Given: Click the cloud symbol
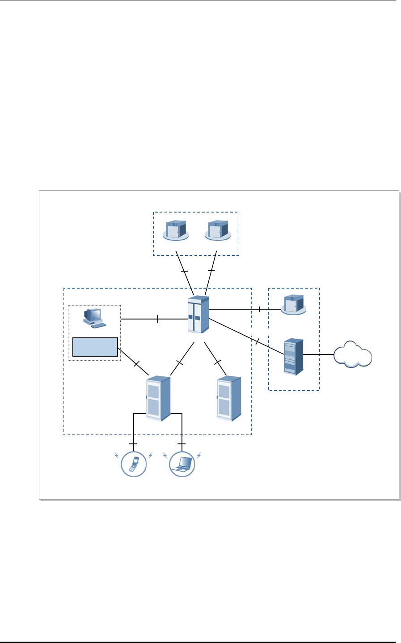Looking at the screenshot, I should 353,354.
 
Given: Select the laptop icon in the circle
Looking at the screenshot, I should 182,464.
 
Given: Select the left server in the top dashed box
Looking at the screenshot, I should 176,230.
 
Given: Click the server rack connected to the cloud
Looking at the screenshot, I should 293,356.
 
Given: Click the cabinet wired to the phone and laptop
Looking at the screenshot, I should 158,398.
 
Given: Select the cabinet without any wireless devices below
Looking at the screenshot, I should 228,398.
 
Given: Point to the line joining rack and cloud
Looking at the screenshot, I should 319,354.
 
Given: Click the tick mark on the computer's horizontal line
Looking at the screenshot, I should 158,319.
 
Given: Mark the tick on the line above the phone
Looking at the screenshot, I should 134,444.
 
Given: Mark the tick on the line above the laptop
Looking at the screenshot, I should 182,444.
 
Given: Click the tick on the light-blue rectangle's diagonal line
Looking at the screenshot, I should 137,363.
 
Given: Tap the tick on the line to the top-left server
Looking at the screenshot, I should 184,272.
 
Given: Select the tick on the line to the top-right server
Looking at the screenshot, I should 212,271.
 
